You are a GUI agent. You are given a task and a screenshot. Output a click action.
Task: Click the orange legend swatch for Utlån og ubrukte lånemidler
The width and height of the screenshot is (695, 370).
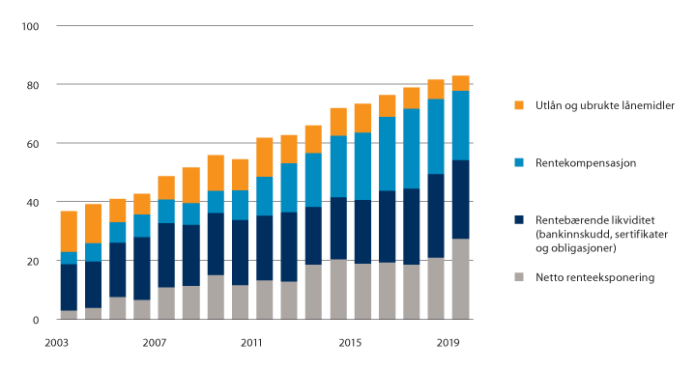518,104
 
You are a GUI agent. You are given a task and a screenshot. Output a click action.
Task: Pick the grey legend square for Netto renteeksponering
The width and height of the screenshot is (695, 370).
518,278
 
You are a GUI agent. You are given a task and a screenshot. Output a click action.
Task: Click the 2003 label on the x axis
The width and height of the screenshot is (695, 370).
55,343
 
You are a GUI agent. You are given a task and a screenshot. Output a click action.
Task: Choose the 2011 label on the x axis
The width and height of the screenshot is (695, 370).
252,343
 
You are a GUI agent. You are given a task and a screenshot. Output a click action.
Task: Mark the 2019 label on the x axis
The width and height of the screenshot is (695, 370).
449,343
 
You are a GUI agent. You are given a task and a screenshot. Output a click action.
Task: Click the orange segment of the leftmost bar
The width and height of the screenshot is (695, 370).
69,231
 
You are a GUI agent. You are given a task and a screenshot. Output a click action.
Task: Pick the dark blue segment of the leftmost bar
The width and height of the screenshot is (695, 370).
69,287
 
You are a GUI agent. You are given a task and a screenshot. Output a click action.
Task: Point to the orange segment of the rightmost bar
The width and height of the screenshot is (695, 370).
461,82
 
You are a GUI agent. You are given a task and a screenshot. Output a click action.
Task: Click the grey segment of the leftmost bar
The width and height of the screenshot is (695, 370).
69,315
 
